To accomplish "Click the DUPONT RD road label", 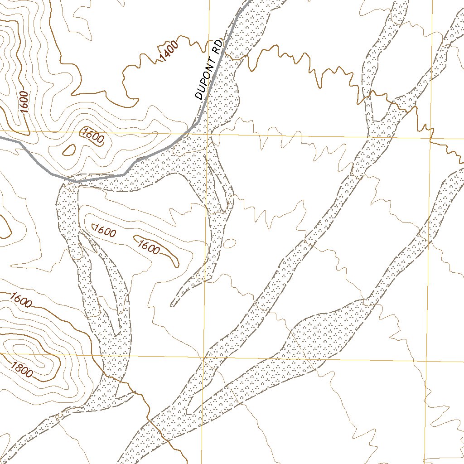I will point(207,71).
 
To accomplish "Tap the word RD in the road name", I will point(217,48).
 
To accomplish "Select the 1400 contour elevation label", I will point(169,50).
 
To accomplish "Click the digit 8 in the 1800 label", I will point(18,367).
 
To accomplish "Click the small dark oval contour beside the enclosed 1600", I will point(69,150).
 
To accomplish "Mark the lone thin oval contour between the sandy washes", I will point(229,243).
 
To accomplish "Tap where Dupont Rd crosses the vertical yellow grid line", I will point(208,95).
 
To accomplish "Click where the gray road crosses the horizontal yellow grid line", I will point(187,134).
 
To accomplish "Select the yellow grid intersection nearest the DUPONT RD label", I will point(208,134).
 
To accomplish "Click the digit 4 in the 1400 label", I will point(164,54).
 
